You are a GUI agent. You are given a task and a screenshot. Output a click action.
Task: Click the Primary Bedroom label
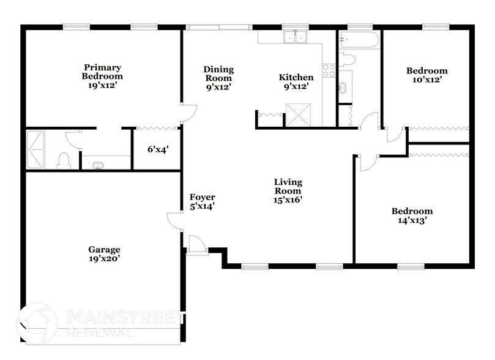click(102, 72)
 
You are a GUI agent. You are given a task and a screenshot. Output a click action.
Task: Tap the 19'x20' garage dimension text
click(103, 259)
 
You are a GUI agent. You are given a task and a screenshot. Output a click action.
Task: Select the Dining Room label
click(218, 74)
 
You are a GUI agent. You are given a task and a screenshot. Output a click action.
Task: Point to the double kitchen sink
click(295, 37)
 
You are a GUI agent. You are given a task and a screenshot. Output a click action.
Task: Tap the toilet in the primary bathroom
click(62, 160)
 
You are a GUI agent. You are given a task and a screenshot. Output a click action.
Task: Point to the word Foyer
click(201, 197)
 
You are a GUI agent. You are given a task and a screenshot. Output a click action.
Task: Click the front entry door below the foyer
click(197, 243)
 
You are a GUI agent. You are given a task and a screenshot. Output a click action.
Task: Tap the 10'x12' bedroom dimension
click(426, 80)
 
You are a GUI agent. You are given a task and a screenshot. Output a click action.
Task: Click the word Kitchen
click(296, 77)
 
